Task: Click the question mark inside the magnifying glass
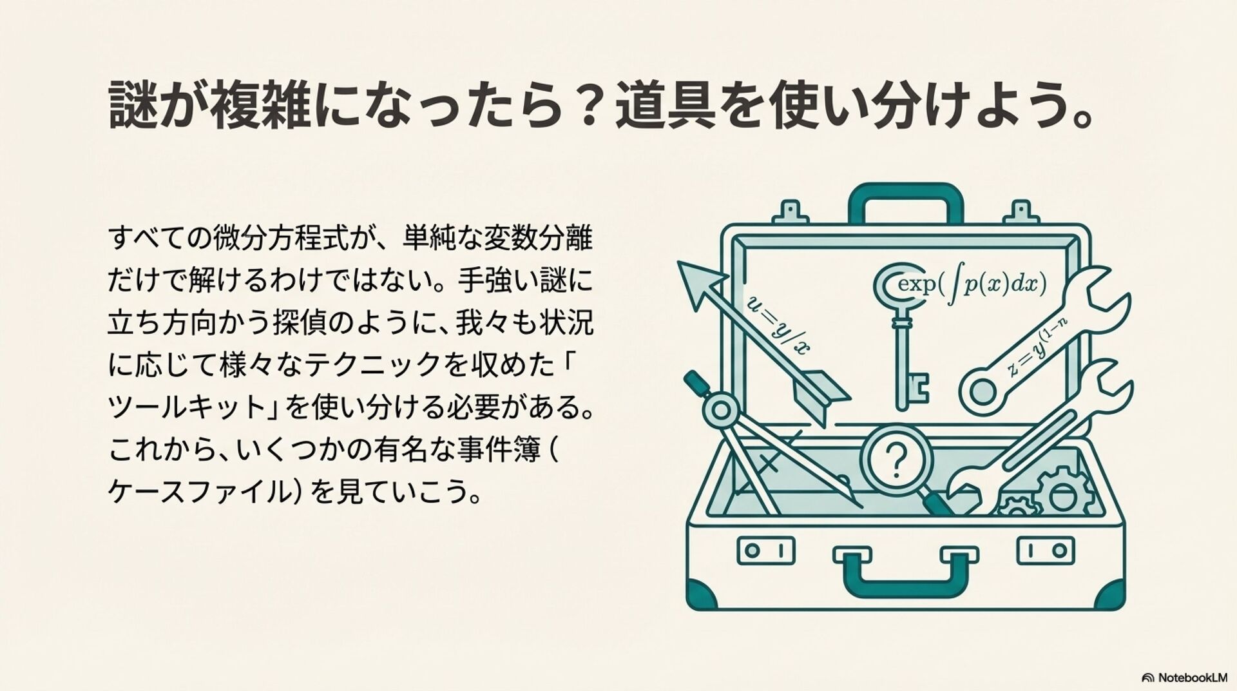pos(896,460)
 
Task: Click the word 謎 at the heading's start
pos(133,104)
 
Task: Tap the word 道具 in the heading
pos(665,104)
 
